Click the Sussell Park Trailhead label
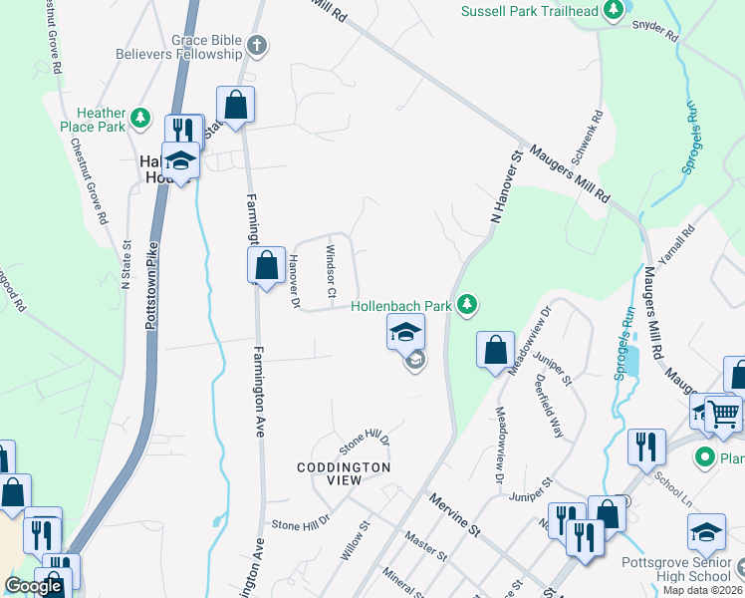(x=531, y=11)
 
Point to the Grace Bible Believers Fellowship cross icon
(x=257, y=46)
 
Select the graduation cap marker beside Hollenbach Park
(x=405, y=332)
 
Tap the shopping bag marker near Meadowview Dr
(x=495, y=350)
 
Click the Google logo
(x=33, y=586)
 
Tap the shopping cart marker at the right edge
(x=724, y=413)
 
